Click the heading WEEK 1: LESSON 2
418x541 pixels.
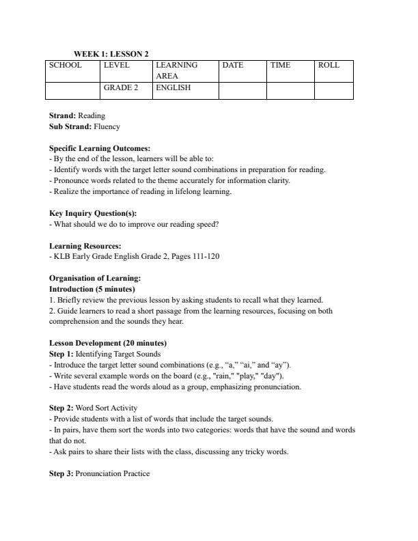[x=111, y=54]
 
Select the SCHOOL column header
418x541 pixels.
[x=65, y=66]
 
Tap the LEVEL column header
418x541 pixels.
[x=116, y=66]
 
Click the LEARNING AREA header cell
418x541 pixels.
[x=177, y=70]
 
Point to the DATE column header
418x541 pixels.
[x=233, y=66]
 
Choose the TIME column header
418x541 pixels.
[x=280, y=66]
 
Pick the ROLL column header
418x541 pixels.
[x=329, y=66]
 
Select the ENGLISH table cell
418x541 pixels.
[x=173, y=88]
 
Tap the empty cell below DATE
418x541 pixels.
[x=242, y=90]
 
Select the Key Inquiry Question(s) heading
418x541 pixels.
[x=93, y=213]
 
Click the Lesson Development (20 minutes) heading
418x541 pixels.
[x=108, y=343]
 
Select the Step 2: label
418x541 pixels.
[x=61, y=408]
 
